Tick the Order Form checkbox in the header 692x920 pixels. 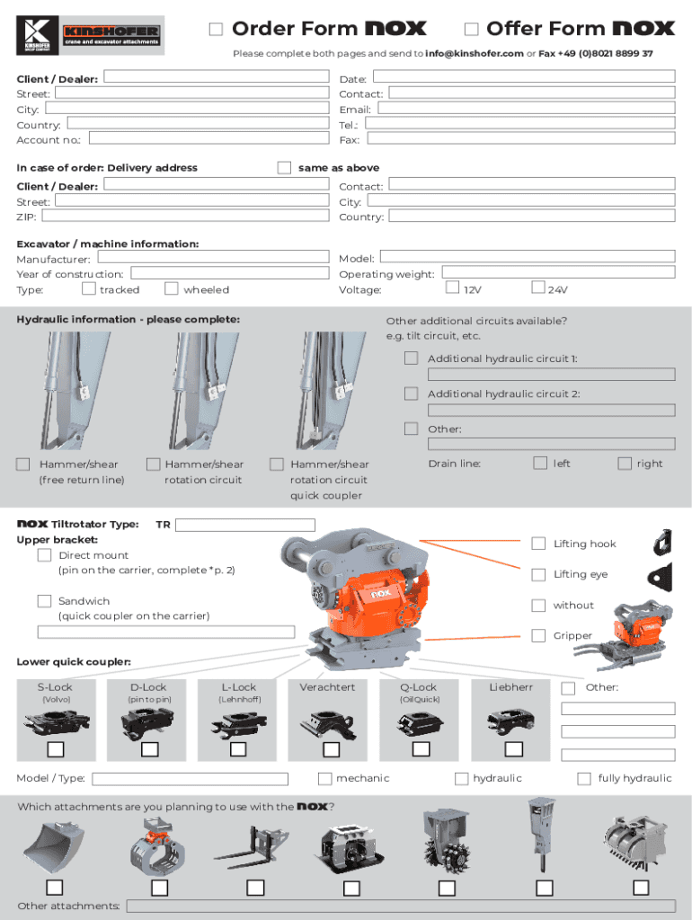pos(216,30)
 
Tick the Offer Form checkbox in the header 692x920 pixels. pos(471,30)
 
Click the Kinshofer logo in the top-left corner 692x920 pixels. pos(90,36)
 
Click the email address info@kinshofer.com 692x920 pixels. pos(475,54)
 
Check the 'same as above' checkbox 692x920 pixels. pos(284,168)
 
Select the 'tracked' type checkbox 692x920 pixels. pos(88,288)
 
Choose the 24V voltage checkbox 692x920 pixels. pos(537,288)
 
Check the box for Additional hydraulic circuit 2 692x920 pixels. pos(411,394)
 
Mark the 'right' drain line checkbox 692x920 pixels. pos(625,464)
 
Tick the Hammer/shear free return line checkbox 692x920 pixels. pos(23,464)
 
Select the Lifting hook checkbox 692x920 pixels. pos(538,544)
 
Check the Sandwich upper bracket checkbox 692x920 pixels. pos(44,601)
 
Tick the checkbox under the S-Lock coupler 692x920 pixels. pos(56,749)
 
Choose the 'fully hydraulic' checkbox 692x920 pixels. pos(584,778)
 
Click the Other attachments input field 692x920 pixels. pos(400,906)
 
